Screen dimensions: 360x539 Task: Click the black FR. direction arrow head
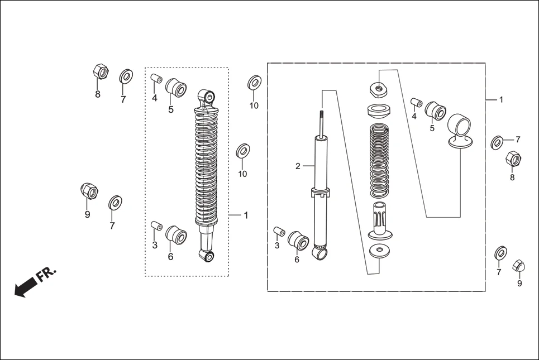[21, 290]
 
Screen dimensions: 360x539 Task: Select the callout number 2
[298, 166]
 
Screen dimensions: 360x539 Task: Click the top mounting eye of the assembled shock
[207, 97]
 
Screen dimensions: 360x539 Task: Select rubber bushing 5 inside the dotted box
[176, 88]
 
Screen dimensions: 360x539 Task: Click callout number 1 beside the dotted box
[246, 215]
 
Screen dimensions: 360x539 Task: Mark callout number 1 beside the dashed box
[501, 99]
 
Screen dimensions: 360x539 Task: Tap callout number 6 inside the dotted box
[170, 257]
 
